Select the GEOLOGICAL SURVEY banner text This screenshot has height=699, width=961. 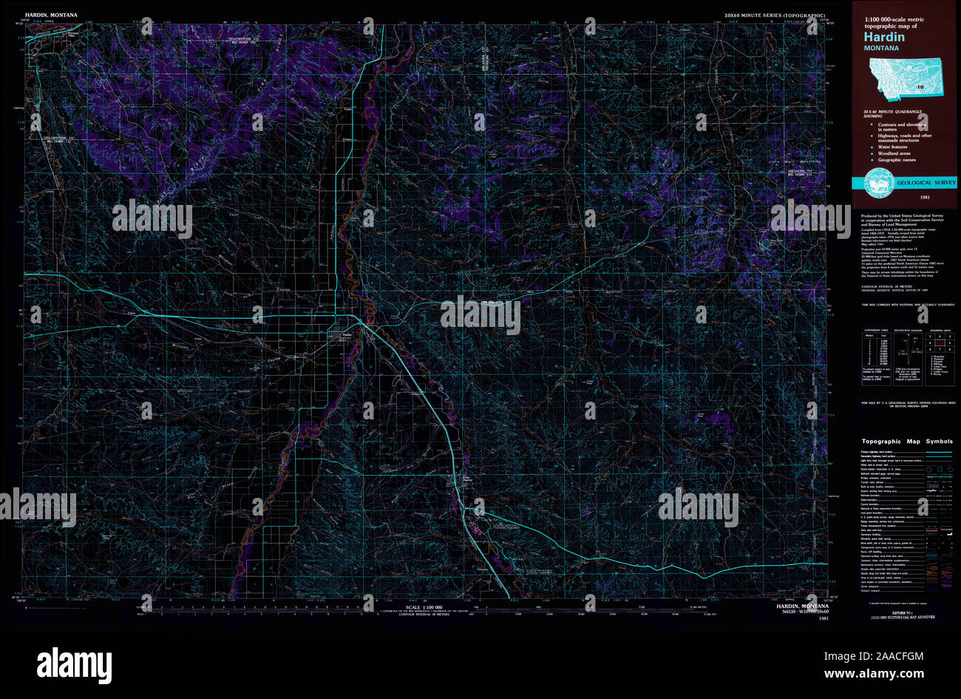(926, 182)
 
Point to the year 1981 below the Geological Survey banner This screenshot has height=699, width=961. (925, 197)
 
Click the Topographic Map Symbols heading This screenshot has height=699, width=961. (907, 441)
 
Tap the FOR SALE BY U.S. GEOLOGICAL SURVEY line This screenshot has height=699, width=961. (906, 403)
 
